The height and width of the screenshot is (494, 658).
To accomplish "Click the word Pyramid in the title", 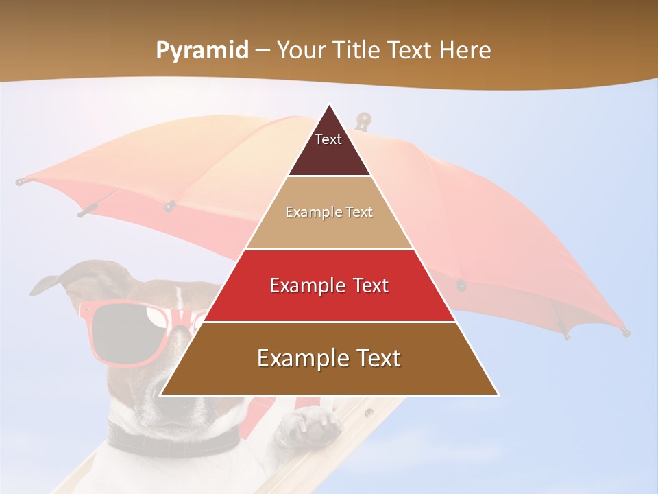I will [202, 51].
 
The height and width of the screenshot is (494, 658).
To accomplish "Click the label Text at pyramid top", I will [328, 139].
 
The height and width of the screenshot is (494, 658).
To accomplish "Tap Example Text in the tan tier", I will [329, 212].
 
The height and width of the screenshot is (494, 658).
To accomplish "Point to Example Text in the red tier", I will [329, 285].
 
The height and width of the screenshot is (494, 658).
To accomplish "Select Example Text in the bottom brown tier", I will [329, 358].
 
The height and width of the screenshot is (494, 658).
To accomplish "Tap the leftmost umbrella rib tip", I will [21, 183].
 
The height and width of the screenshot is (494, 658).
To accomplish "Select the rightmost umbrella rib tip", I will [625, 332].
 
